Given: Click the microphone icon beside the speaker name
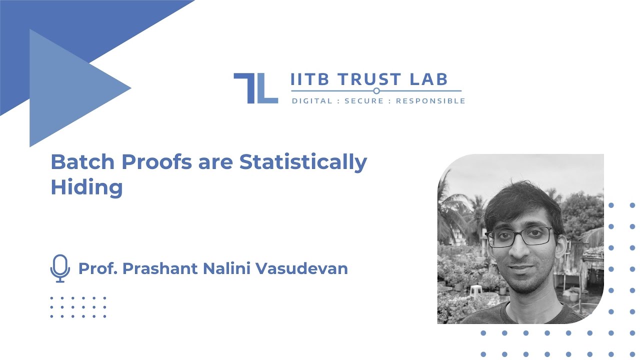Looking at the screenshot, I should (x=60, y=268).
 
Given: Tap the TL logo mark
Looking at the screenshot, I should (x=255, y=88).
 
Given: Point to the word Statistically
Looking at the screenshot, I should (x=303, y=162).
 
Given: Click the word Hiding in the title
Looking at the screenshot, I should (x=86, y=187).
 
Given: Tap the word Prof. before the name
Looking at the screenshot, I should (x=97, y=268).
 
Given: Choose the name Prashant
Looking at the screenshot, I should (x=160, y=268).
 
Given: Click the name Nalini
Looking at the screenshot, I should (x=227, y=268).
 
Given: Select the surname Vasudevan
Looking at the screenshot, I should (x=301, y=268).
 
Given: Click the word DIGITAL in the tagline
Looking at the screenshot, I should (x=312, y=101).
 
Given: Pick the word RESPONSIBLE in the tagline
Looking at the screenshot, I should (x=430, y=101).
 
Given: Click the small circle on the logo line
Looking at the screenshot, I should (x=376, y=91).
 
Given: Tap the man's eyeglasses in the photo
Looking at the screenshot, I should (x=520, y=236).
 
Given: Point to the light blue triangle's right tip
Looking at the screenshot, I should (x=130, y=88).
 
